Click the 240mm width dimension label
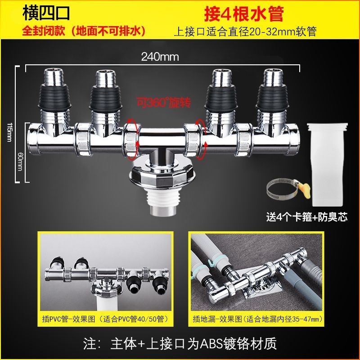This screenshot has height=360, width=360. point(160,57)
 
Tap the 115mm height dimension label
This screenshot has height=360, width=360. point(10,132)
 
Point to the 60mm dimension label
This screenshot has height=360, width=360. point(20,161)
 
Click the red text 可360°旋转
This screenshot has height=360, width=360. point(164,103)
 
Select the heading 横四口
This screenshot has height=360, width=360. point(46,13)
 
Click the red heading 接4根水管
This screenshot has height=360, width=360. point(244,14)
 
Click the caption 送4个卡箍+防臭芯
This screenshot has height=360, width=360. point(307,217)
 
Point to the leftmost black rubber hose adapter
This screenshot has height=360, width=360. point(54,96)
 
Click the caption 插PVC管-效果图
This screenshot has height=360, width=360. point(68,319)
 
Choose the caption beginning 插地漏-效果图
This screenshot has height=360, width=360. point(257,319)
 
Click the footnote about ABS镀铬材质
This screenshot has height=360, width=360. point(180,343)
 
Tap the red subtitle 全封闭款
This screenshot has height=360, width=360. point(43,31)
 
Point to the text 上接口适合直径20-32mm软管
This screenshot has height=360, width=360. point(245,31)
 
